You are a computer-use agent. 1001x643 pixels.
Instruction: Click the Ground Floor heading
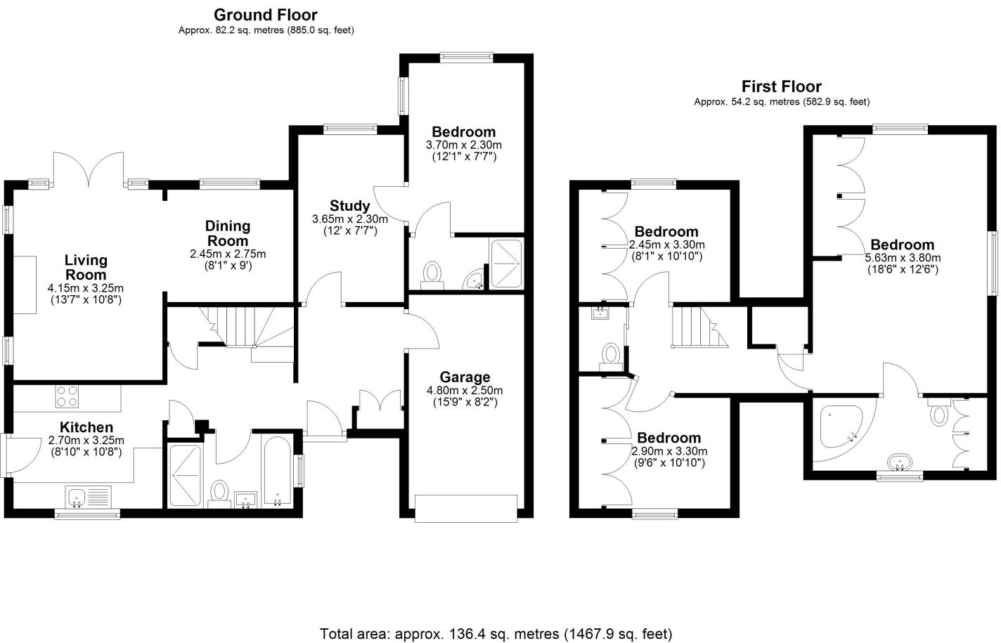pos(265,15)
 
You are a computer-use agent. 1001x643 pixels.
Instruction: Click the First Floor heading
pos(781,86)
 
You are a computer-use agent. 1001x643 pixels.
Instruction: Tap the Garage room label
pos(465,377)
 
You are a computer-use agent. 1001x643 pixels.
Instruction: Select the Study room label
pos(349,206)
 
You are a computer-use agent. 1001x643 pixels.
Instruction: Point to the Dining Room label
pos(228,233)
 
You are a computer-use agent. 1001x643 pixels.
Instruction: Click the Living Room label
pos(86,268)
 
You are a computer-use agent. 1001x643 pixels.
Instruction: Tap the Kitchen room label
pos(86,427)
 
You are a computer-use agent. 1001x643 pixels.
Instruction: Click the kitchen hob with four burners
pos(67,397)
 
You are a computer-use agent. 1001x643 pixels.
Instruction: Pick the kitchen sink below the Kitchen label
pos(88,497)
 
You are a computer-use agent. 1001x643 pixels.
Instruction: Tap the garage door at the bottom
pos(467,508)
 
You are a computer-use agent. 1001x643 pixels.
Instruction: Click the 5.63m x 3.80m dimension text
pos(903,258)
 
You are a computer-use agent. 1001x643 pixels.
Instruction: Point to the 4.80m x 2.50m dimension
pos(465,391)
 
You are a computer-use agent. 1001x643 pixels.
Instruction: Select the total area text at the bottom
pos(496,634)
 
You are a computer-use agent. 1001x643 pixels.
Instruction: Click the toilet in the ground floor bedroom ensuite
pos(432,273)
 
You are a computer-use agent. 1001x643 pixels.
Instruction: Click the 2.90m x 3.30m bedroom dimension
pos(669,451)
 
